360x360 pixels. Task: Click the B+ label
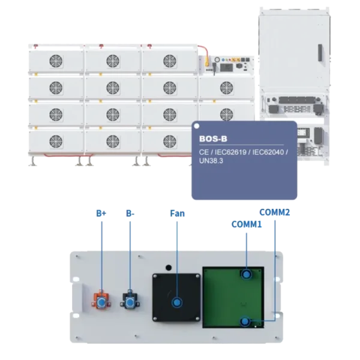[x=101, y=213]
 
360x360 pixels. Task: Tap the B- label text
[x=130, y=213]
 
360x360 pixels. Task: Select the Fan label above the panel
[x=177, y=213]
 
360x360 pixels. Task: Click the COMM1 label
[x=247, y=224]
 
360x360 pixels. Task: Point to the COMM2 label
[x=275, y=212]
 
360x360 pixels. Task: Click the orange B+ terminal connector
[x=101, y=299]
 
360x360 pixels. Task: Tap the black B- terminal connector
[x=130, y=299]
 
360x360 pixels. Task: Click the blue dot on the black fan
[x=177, y=302]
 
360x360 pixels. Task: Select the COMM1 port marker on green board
[x=247, y=275]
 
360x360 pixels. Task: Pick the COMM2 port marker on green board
[x=245, y=321]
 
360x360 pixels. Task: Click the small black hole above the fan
[x=169, y=268]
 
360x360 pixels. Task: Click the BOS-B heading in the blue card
[x=213, y=139]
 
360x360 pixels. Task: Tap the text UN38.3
[x=211, y=161]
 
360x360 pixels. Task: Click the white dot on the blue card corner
[x=197, y=126]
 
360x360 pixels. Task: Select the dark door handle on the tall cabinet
[x=320, y=53]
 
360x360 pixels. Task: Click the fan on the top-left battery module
[x=56, y=61]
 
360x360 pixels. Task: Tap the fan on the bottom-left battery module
[x=56, y=142]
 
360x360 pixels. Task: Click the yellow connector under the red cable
[x=208, y=62]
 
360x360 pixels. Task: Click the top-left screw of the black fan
[x=155, y=276]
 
